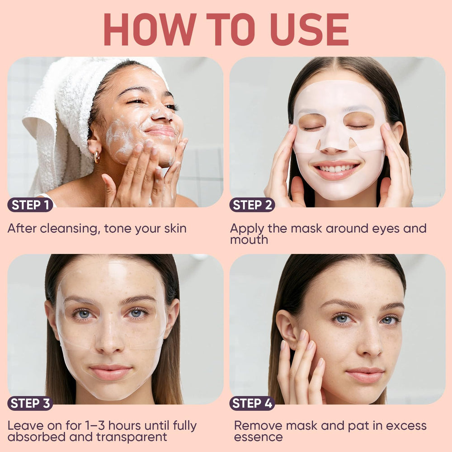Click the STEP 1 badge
(30, 205)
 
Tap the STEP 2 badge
(252, 205)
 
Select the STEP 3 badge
(30, 403)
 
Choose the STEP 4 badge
(252, 403)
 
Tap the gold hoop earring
(97, 156)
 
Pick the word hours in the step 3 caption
(125, 425)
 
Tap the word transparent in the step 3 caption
(132, 437)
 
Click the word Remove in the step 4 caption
(258, 426)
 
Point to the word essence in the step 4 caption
(258, 437)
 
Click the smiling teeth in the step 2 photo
(336, 168)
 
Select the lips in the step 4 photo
(365, 374)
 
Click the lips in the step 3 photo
(110, 372)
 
